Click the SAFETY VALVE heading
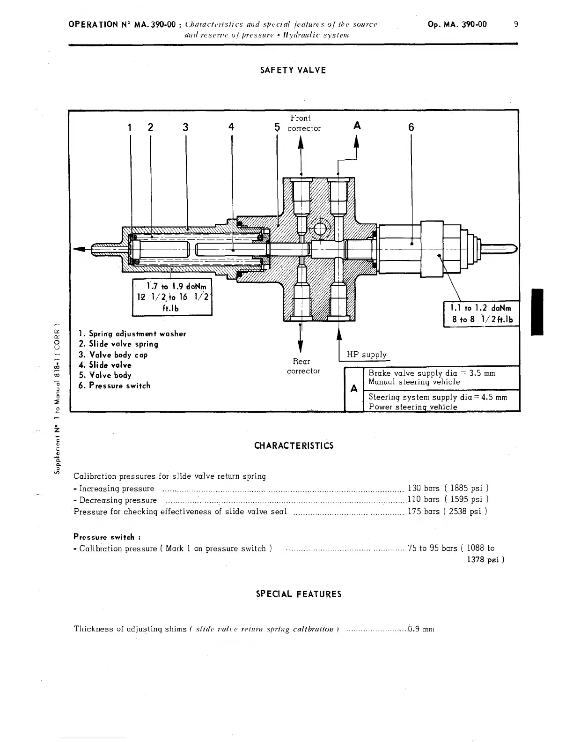point(293,70)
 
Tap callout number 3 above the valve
point(186,127)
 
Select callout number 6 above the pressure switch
point(411,127)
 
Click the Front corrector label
point(303,123)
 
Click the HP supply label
point(367,355)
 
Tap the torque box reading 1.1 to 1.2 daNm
point(481,314)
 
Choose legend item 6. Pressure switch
point(114,386)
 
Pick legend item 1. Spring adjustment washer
point(132,334)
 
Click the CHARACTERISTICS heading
point(294,445)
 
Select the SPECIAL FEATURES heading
point(299,594)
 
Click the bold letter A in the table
point(354,388)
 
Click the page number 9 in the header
point(515,24)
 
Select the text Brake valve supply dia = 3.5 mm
point(432,373)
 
